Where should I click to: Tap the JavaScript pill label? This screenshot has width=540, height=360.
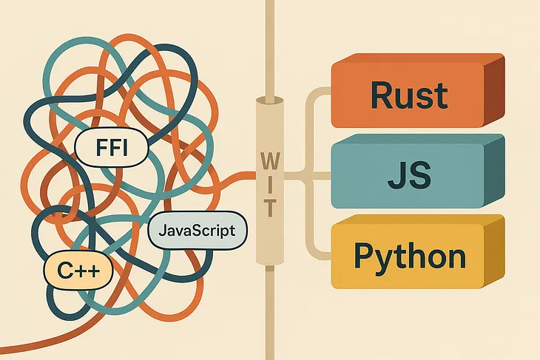tap(196, 231)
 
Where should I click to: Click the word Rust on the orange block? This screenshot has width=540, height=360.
tap(408, 95)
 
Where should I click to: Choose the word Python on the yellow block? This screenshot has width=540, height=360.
tap(409, 257)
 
